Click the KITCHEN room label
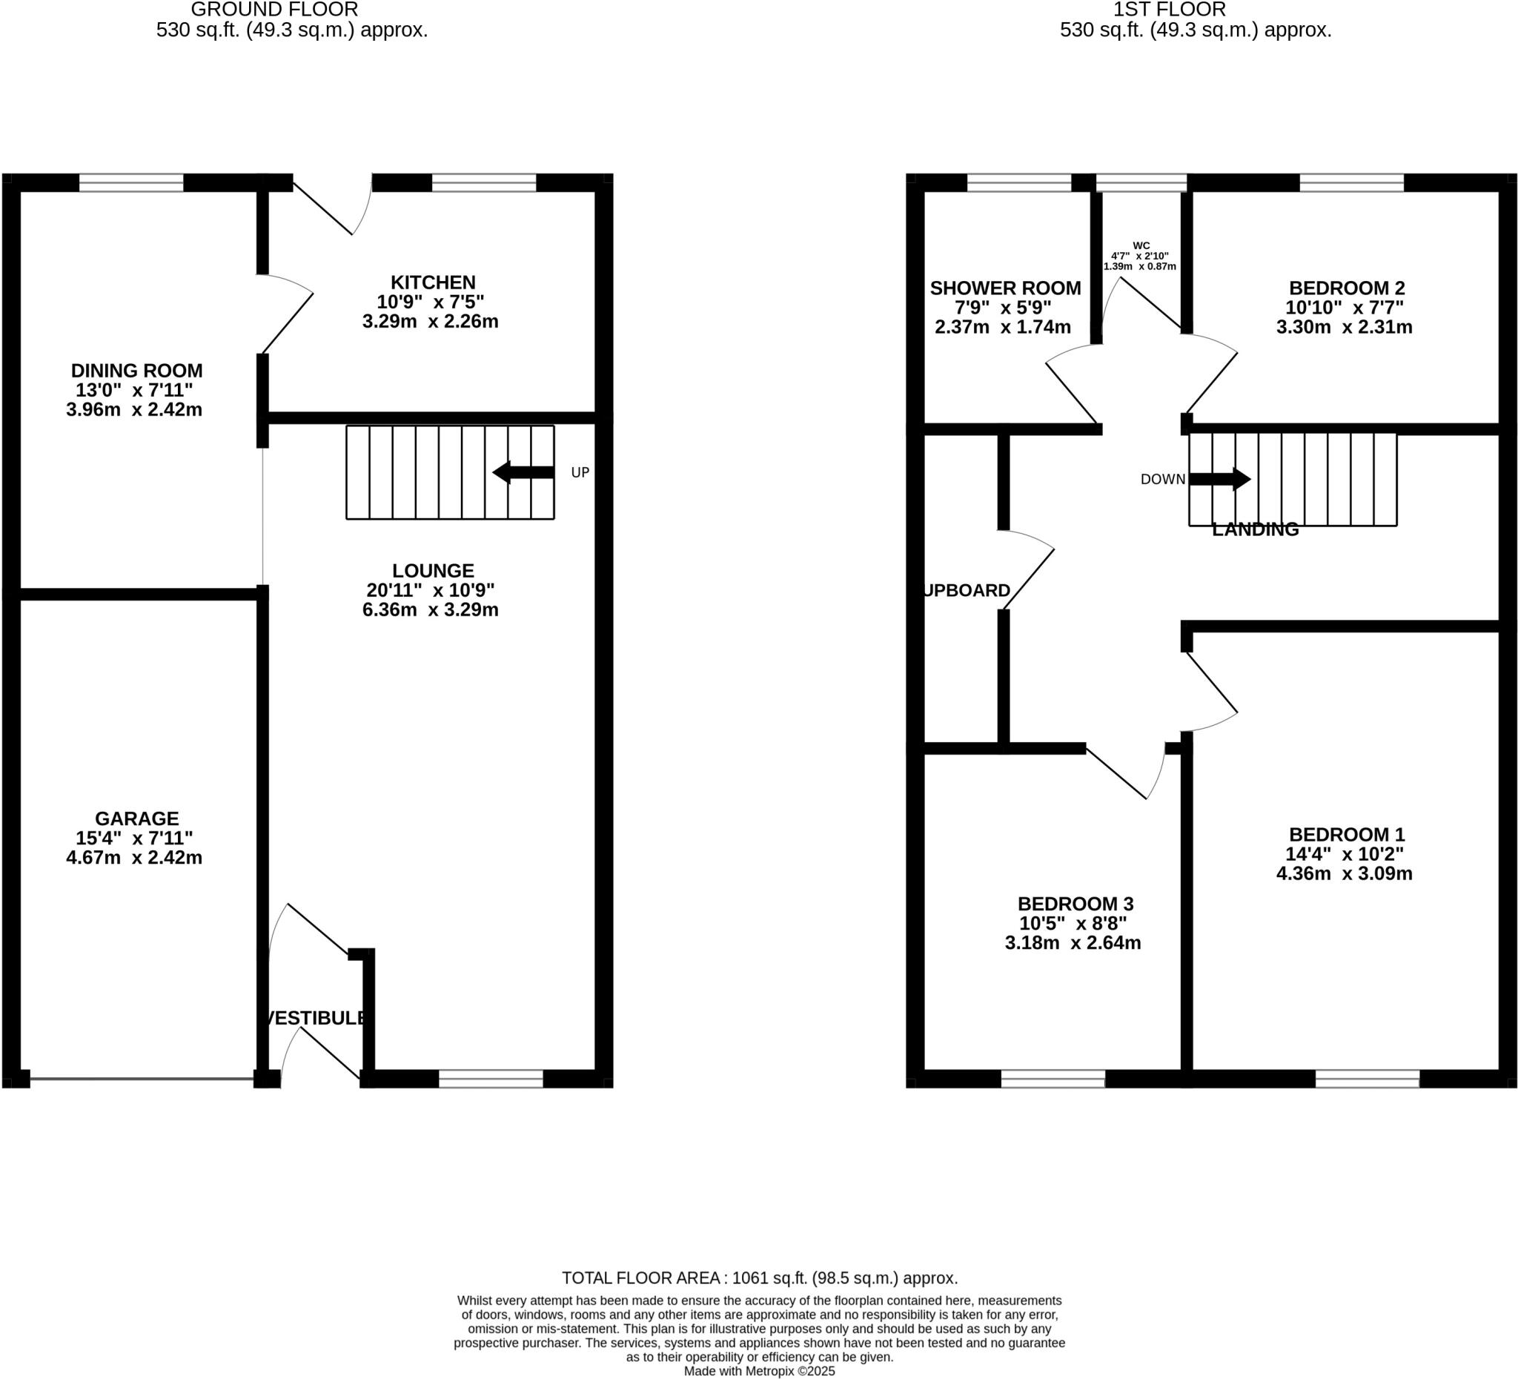[433, 282]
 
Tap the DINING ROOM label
[136, 371]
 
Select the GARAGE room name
[136, 819]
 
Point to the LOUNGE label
[433, 571]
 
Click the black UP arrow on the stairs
[523, 472]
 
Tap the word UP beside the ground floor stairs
[580, 473]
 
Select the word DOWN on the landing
[1163, 480]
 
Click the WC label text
[1141, 245]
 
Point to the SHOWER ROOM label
[1005, 288]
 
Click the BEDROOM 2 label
[1346, 288]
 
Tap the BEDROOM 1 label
[1346, 835]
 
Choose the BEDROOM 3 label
[1075, 904]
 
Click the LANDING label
[1255, 530]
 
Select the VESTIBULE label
[316, 1018]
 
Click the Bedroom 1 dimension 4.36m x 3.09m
[1344, 873]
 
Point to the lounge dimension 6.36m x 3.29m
[430, 610]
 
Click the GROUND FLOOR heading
[274, 10]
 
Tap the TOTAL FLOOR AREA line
[760, 1278]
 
